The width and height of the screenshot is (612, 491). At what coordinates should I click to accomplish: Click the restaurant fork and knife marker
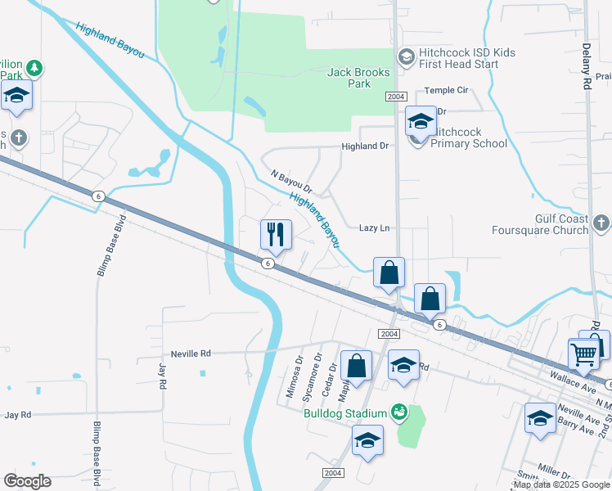276,235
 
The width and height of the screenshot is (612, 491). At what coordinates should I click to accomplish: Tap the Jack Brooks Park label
359,78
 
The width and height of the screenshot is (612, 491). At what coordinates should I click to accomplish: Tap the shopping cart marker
583,355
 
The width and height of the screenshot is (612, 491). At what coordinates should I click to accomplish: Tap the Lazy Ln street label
375,228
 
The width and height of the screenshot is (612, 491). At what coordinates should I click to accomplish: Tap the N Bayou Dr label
291,181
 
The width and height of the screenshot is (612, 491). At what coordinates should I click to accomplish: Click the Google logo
27,480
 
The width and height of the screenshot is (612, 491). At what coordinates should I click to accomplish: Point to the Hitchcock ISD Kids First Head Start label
467,58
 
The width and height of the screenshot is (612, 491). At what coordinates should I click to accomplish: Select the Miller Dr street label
554,473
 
